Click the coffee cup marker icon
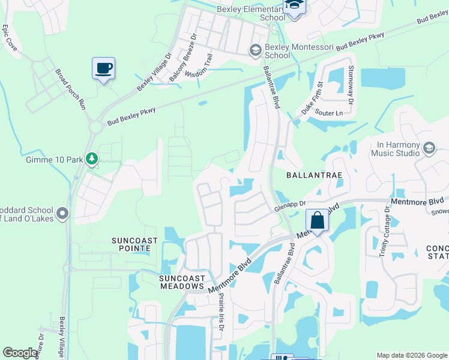pos(103,68)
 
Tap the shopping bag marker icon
pos(318,220)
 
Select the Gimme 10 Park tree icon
pos(92,159)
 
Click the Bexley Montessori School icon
pos(256,50)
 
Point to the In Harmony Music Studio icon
pos(429,148)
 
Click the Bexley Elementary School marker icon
pos(295,7)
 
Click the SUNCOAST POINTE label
pos(134,245)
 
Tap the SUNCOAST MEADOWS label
pos(182,282)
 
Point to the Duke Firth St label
pos(312,98)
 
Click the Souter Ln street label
pos(330,113)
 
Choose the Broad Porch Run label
pos(71,88)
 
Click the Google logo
pos(20,353)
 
